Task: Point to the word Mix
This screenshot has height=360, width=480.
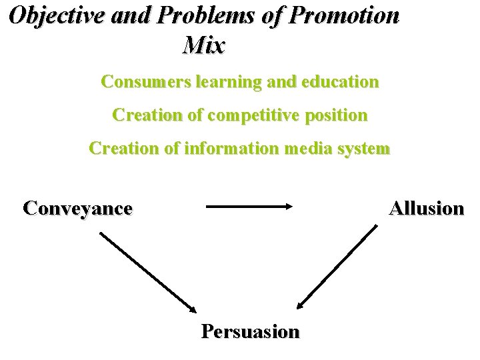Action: [x=203, y=45]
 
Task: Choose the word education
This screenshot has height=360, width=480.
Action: [x=340, y=82]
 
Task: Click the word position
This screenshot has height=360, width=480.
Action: [x=337, y=115]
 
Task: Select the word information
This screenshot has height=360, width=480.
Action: [x=230, y=149]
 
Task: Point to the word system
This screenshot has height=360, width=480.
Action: [x=363, y=149]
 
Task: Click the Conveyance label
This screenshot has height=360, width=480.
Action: [x=77, y=208]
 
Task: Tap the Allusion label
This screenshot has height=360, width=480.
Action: [x=427, y=208]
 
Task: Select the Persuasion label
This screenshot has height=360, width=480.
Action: [x=251, y=331]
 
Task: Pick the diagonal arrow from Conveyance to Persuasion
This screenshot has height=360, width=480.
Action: [x=148, y=271]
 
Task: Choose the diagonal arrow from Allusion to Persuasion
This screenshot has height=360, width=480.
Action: [x=337, y=267]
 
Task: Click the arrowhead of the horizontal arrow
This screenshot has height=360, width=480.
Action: [x=289, y=207]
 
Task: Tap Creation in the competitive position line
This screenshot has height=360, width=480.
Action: [x=148, y=115]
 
